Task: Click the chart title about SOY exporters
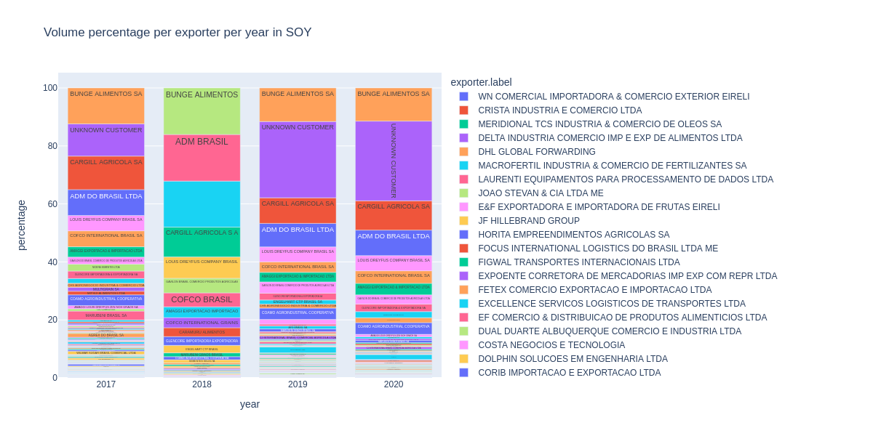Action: click(178, 33)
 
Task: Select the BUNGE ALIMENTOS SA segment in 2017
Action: click(106, 106)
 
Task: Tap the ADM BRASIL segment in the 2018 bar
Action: click(202, 158)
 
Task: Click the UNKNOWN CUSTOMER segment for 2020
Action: click(394, 161)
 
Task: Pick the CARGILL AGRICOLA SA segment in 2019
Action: click(298, 211)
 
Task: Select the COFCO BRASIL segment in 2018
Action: click(202, 300)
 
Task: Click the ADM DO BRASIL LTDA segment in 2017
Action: click(106, 203)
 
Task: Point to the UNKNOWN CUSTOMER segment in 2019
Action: click(298, 160)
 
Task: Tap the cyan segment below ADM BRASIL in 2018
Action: click(202, 204)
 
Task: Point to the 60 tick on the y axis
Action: click(49, 204)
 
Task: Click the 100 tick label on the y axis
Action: click(49, 88)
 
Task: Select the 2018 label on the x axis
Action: click(202, 384)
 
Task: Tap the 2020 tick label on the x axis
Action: click(394, 384)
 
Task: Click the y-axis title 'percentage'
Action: click(21, 225)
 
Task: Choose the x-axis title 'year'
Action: click(250, 404)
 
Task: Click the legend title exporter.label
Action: click(481, 82)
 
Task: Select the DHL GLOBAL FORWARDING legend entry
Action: click(536, 152)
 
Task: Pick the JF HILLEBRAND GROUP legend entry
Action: click(528, 221)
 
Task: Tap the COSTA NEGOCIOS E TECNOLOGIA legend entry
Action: click(551, 345)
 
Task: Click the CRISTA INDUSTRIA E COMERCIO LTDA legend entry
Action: click(559, 110)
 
